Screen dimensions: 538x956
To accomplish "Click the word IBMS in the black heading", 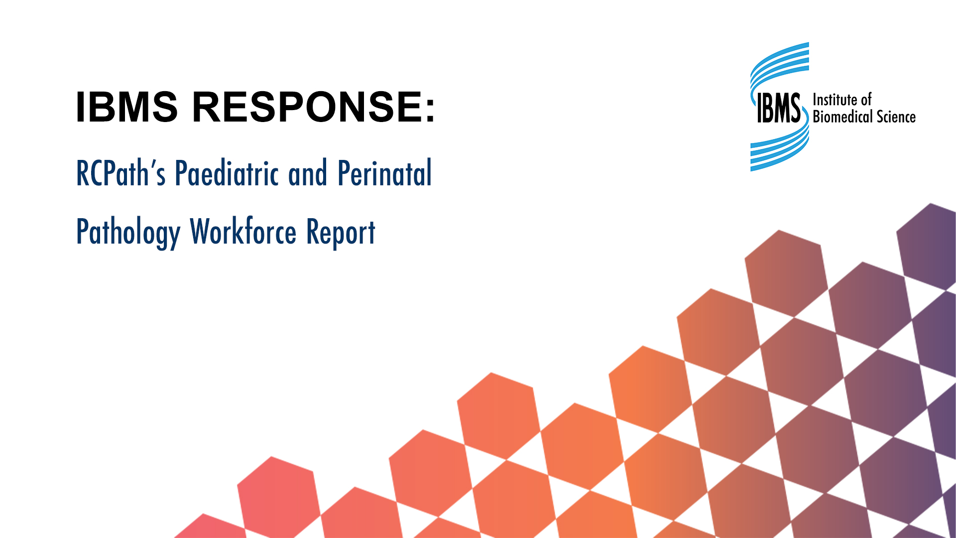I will click(126, 107).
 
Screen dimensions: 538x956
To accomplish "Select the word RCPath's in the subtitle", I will click(120, 173).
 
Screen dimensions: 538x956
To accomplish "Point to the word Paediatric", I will click(227, 173).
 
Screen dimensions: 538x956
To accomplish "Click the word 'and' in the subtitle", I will click(308, 173).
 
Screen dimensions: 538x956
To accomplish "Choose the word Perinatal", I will click(384, 173).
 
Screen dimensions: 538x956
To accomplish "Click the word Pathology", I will click(128, 232).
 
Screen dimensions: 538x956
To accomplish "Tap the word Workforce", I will click(243, 232).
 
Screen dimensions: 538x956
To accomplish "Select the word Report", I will click(341, 232).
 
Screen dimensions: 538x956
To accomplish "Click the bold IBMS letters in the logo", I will click(778, 108).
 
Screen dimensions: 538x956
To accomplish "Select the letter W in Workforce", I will click(202, 231).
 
